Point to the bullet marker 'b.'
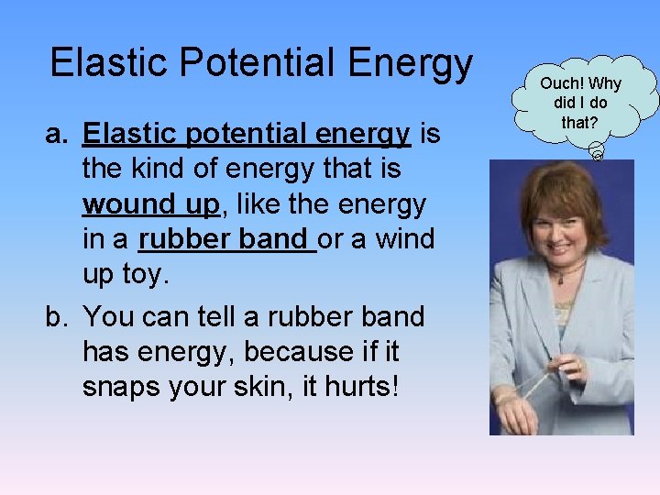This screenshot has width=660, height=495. point(59,317)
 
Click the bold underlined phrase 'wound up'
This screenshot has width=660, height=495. point(151,203)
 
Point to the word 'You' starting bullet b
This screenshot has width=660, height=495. point(108,317)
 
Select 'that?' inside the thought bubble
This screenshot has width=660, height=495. point(579,121)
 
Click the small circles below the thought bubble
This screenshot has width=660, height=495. point(595,152)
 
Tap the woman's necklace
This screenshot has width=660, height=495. point(569,269)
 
